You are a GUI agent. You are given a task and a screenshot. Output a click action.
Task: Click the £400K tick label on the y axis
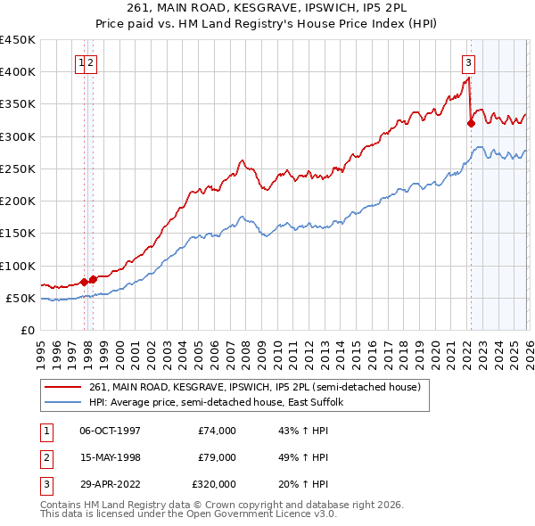tap(18, 72)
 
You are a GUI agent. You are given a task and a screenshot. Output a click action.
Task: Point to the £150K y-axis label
tap(18, 234)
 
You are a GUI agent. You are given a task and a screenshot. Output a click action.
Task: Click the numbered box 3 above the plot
tap(468, 62)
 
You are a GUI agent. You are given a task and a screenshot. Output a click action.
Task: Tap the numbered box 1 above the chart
tap(82, 62)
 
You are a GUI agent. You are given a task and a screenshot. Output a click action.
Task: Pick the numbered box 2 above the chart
tap(92, 62)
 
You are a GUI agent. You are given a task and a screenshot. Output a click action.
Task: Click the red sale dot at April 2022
tap(471, 124)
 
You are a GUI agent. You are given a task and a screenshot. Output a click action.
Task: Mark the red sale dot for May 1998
tap(93, 279)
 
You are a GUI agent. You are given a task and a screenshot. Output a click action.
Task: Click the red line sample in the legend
tap(63, 387)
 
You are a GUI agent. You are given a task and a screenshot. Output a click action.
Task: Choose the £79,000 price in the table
tap(214, 457)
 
